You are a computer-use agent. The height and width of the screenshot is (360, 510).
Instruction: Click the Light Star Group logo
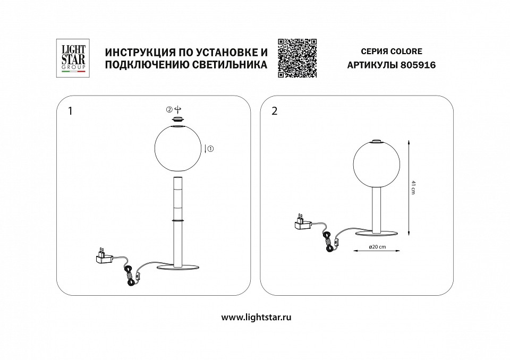(71, 58)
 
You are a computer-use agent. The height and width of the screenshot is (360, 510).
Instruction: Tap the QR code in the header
(297, 58)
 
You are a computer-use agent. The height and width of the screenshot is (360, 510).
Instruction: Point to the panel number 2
(275, 112)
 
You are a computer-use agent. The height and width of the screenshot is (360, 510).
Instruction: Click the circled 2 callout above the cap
(169, 109)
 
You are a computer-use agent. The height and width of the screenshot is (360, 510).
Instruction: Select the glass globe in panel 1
(177, 148)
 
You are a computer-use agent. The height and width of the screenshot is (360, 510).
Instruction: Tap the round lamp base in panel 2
(377, 234)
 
